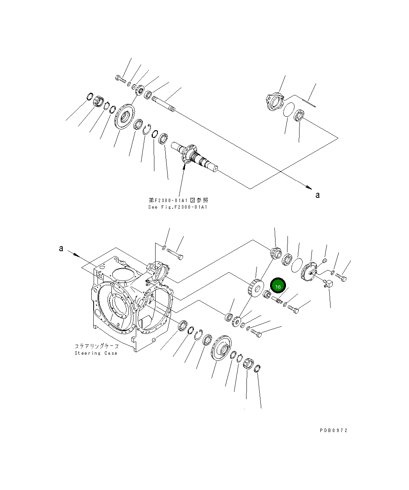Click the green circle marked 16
click(278, 286)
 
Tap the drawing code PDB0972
click(334, 430)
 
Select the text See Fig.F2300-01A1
click(178, 207)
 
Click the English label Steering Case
click(96, 353)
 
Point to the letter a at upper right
click(318, 195)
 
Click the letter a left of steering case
click(61, 248)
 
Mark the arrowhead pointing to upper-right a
click(308, 187)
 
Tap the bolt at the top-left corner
click(120, 79)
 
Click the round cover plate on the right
click(311, 269)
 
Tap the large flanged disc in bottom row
click(222, 349)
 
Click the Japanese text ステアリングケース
click(97, 346)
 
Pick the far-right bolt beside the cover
click(341, 277)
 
